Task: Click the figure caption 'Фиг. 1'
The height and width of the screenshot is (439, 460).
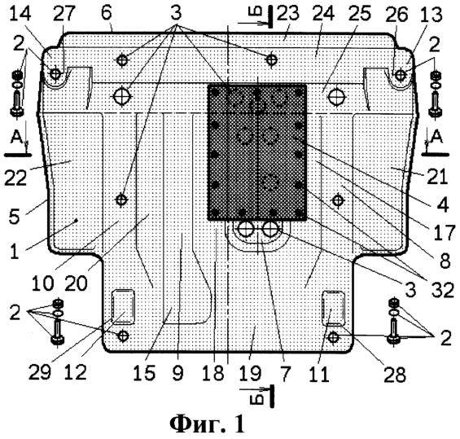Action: pyautogui.click(x=207, y=424)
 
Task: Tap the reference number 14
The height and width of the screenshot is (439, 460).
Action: pyautogui.click(x=20, y=14)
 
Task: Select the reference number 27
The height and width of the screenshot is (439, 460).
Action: pyautogui.click(x=64, y=14)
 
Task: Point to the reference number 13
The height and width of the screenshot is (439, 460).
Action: pyautogui.click(x=431, y=15)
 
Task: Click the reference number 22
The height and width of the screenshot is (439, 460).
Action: pyautogui.click(x=15, y=177)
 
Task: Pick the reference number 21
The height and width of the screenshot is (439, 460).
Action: pyautogui.click(x=437, y=177)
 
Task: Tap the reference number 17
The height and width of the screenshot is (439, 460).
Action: pyautogui.click(x=445, y=232)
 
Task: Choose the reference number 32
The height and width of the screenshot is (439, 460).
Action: pyautogui.click(x=443, y=289)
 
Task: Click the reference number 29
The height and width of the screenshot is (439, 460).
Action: pyautogui.click(x=40, y=372)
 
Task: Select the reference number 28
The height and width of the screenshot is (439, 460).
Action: pyautogui.click(x=395, y=375)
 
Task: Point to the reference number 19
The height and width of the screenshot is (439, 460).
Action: pyautogui.click(x=250, y=373)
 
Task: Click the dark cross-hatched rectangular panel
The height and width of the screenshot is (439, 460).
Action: pyautogui.click(x=257, y=152)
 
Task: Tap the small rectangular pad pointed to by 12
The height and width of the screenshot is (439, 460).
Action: pyautogui.click(x=123, y=307)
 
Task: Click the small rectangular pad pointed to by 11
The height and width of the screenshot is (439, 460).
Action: pyautogui.click(x=333, y=309)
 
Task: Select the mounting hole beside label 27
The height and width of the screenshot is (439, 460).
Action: pyautogui.click(x=55, y=73)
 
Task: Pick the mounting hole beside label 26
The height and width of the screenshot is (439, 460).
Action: pyautogui.click(x=401, y=75)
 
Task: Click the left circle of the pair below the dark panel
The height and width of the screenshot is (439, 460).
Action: pyautogui.click(x=246, y=229)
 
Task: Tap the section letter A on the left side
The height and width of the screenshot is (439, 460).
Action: pyautogui.click(x=16, y=137)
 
